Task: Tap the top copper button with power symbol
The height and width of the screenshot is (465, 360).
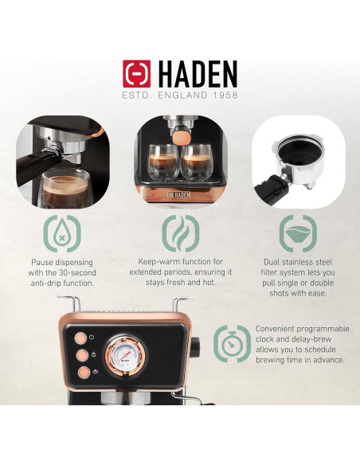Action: coord(82,336)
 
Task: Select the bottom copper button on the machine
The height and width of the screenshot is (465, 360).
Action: coord(82,371)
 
